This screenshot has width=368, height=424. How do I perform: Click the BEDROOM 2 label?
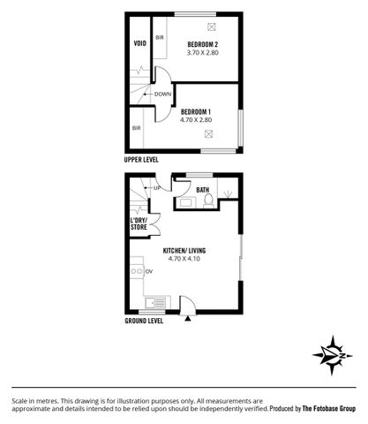[x=204, y=43]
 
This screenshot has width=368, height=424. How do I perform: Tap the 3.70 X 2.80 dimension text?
[x=204, y=53]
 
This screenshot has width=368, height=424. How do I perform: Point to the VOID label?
[x=139, y=42]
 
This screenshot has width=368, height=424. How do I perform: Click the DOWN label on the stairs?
[x=162, y=95]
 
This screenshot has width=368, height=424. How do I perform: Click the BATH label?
[x=202, y=190]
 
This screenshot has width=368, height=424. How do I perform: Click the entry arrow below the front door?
[x=188, y=320]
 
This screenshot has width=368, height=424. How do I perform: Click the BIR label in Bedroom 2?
[x=160, y=38]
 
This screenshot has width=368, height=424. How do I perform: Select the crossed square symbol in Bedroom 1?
[x=209, y=134]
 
